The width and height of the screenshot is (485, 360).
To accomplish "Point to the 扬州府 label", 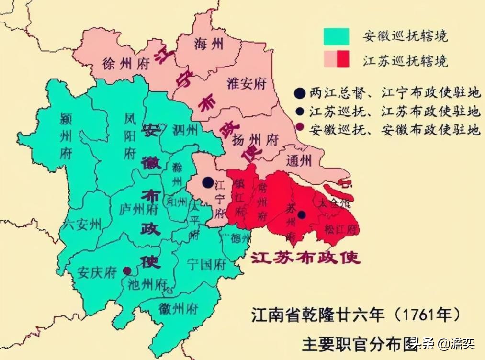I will click(x=255, y=140).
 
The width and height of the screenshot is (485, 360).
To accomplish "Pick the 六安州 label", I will click(x=82, y=224).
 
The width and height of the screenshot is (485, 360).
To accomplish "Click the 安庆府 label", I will click(x=97, y=272).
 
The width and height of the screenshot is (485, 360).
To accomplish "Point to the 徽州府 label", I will click(x=179, y=308).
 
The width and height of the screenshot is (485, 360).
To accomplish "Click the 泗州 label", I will click(x=185, y=129).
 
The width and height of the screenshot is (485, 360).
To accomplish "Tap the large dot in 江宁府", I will click(x=208, y=182).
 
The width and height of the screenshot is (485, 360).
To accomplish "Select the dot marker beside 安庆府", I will click(x=127, y=271).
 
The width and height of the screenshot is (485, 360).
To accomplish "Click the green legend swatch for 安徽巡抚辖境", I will click(x=336, y=36).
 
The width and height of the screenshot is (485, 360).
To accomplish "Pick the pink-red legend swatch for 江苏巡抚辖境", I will click(x=336, y=60).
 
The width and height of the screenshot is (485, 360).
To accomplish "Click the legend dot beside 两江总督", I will click(x=300, y=93).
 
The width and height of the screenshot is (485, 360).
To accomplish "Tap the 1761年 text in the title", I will click(x=428, y=315).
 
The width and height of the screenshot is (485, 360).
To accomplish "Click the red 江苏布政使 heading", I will click(x=306, y=258).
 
